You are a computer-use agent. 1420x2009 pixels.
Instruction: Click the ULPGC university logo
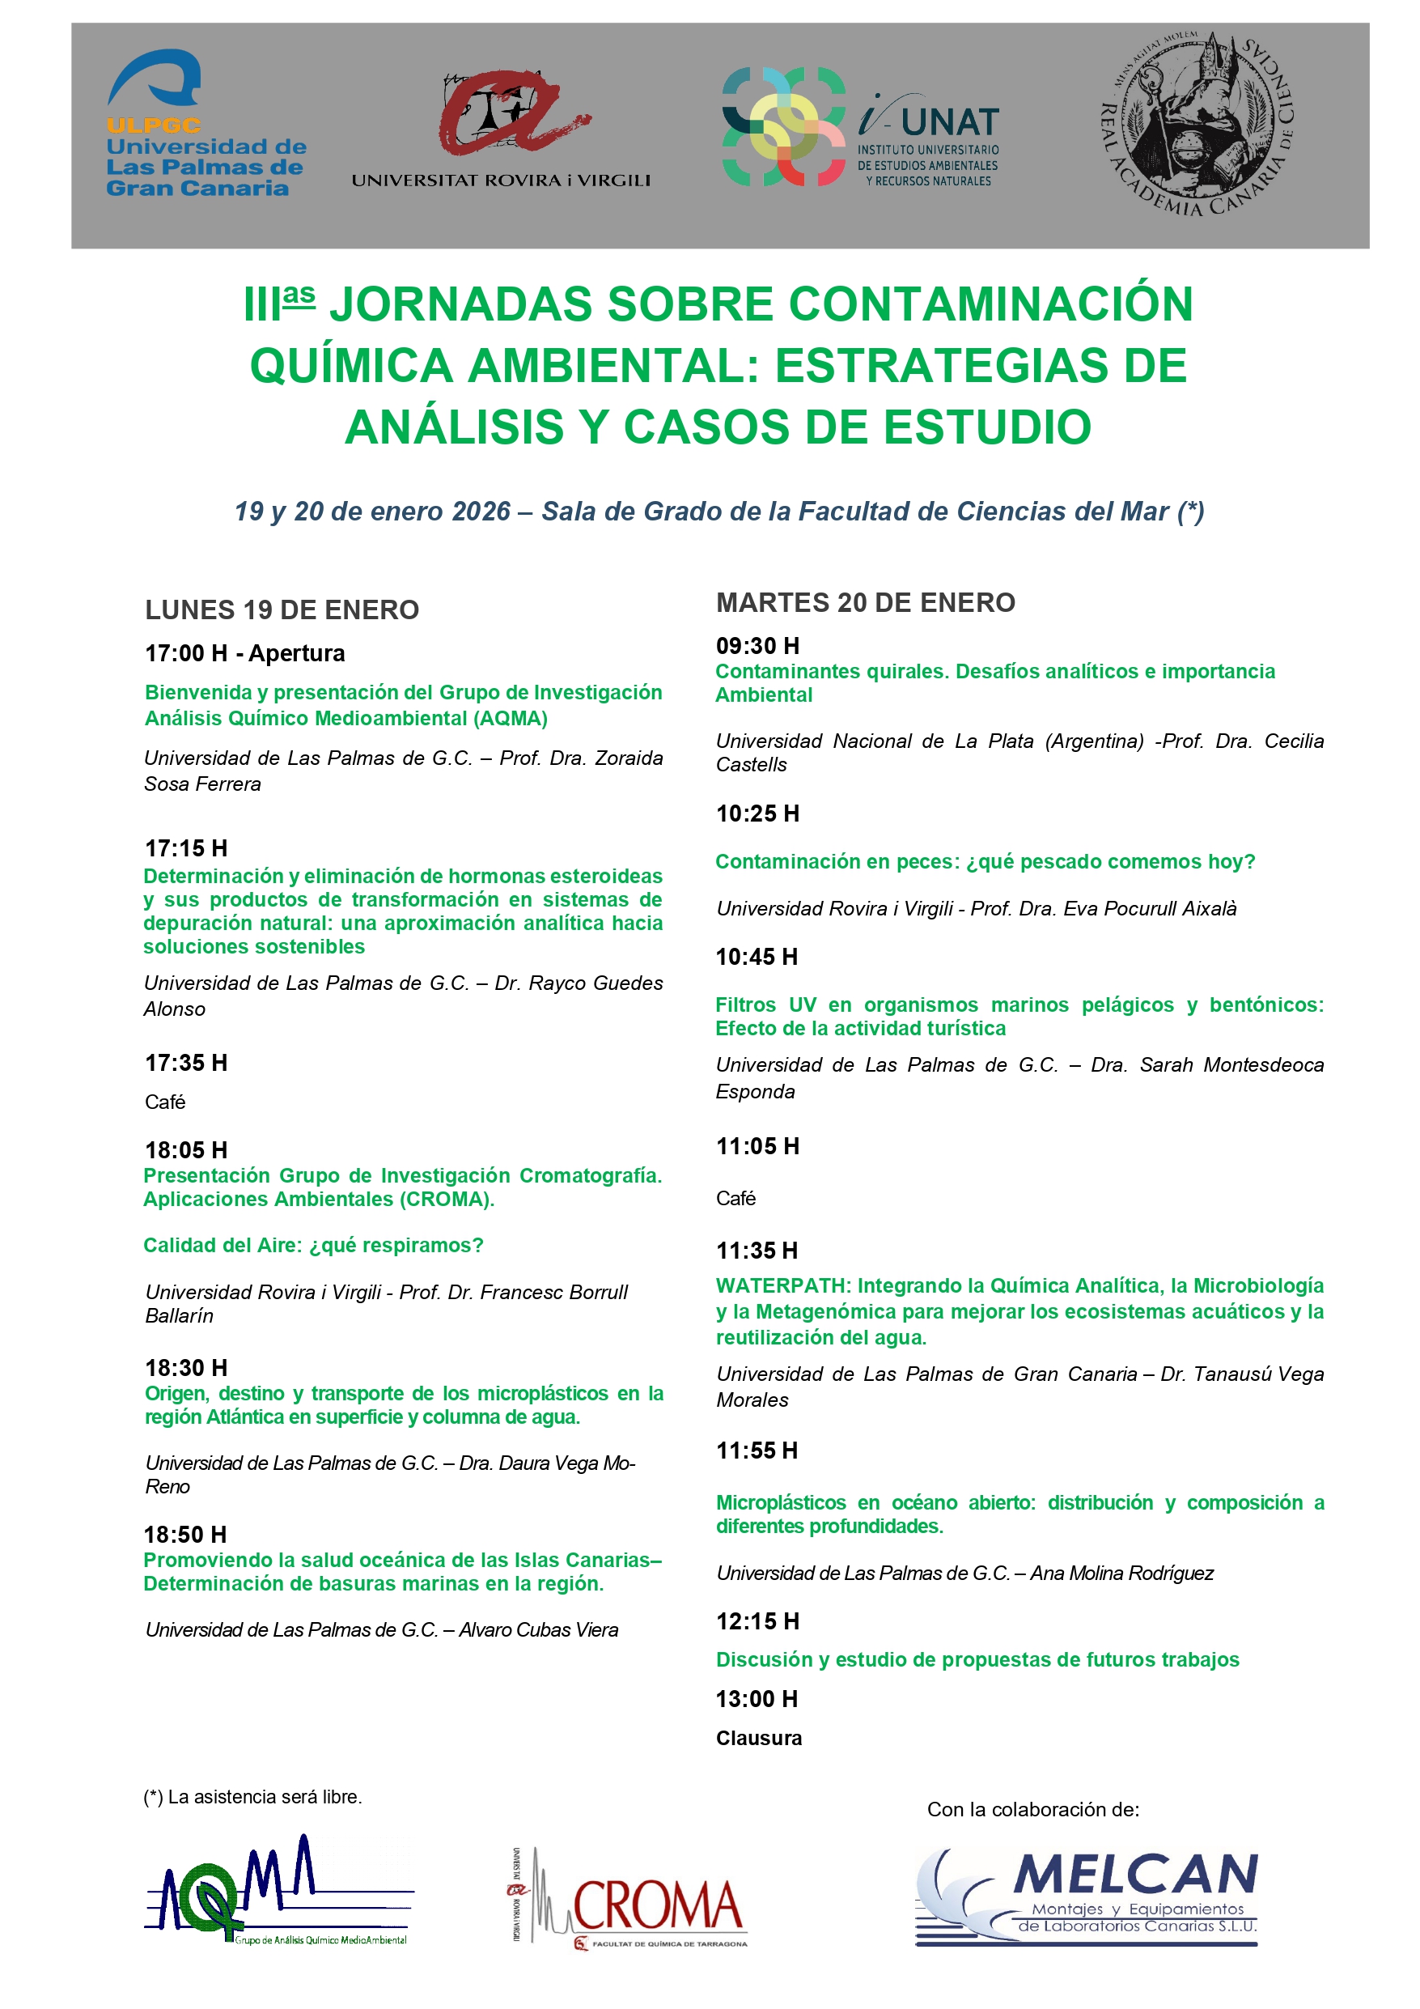[x=206, y=122]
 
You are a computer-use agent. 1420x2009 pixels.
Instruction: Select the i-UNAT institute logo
[x=861, y=127]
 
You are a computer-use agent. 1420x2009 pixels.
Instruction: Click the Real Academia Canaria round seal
[x=1196, y=125]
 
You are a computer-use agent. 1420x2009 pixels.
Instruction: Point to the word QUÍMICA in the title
[x=351, y=366]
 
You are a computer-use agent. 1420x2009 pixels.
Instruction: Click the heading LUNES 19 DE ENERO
[x=282, y=609]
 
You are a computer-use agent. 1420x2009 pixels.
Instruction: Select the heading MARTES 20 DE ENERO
[x=865, y=603]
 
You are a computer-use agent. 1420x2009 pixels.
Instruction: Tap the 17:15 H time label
[x=185, y=847]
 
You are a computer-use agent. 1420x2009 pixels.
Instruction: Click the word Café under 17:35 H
[x=164, y=1102]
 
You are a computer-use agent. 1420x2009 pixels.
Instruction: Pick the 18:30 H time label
[x=185, y=1368]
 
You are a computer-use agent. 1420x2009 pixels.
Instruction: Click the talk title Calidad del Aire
[x=313, y=1245]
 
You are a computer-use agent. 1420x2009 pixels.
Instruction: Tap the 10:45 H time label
[x=757, y=957]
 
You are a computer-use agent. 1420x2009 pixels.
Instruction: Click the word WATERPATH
[x=783, y=1285]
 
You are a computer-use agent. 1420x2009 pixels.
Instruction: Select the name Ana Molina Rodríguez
[x=1121, y=1574]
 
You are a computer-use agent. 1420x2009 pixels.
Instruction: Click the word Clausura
[x=759, y=1738]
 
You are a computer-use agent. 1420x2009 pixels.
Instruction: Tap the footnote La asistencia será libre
[x=253, y=1796]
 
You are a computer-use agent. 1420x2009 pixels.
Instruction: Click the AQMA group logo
[x=278, y=1890]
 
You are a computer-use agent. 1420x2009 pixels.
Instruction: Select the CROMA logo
[x=628, y=1900]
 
